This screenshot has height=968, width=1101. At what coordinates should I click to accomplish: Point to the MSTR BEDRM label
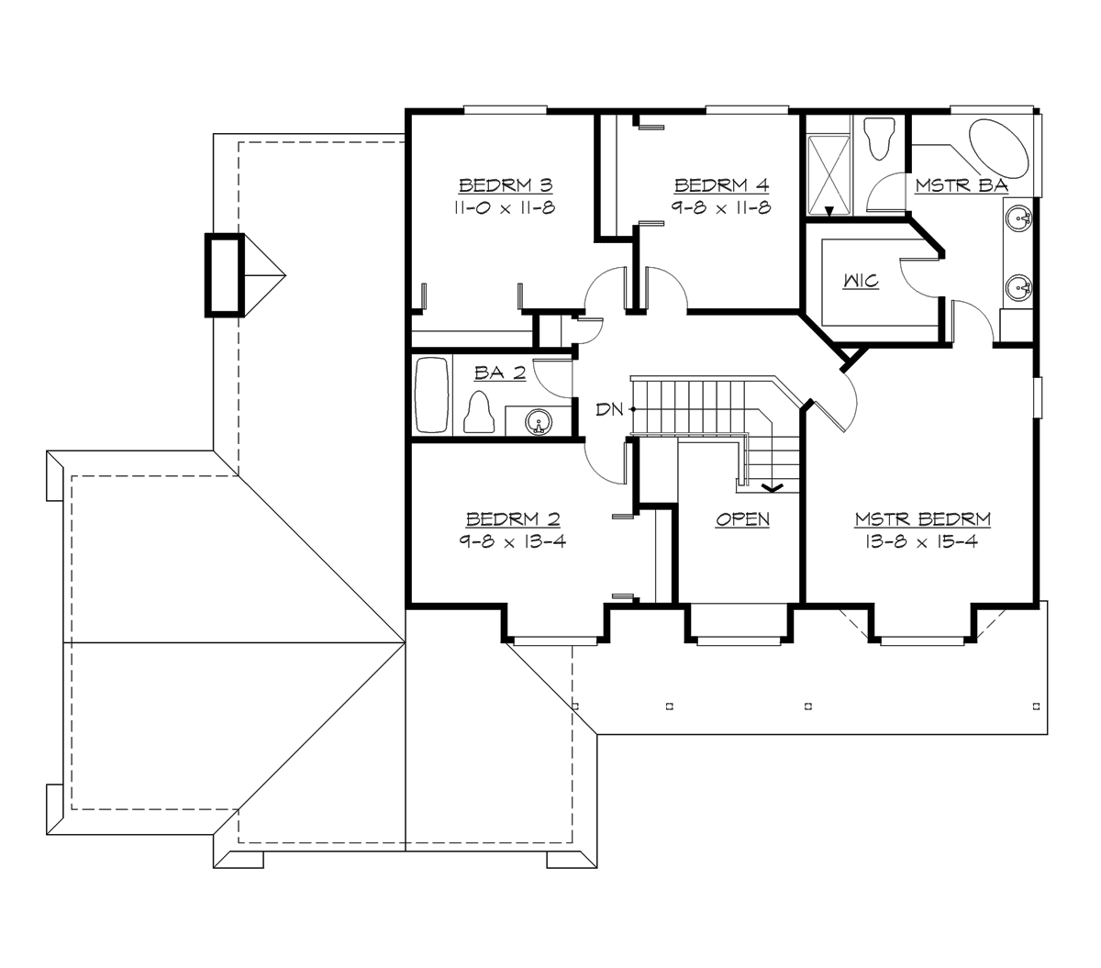pyautogui.click(x=922, y=520)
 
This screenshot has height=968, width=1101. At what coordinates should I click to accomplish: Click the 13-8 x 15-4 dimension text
pyautogui.click(x=922, y=541)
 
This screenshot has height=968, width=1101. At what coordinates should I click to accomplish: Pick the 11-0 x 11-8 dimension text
pyautogui.click(x=504, y=208)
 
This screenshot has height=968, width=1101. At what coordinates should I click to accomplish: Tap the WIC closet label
pyautogui.click(x=862, y=282)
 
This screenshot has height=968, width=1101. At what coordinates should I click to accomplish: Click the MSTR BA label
pyautogui.click(x=961, y=186)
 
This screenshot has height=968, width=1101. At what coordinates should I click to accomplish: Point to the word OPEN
pyautogui.click(x=742, y=520)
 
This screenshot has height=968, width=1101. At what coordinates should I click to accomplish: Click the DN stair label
pyautogui.click(x=608, y=409)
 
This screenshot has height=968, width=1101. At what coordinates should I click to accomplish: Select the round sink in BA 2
pyautogui.click(x=539, y=421)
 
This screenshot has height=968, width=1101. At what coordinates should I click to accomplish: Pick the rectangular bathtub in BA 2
pyautogui.click(x=431, y=395)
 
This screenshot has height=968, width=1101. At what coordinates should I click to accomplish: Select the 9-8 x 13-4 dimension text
pyautogui.click(x=512, y=541)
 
